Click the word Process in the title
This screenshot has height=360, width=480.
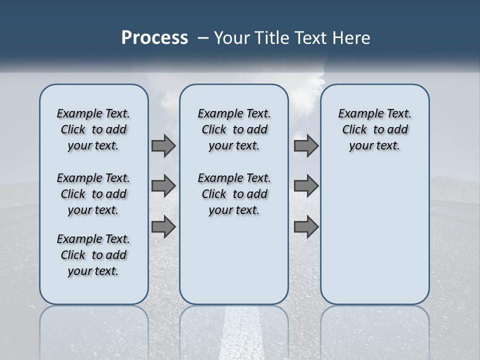click(154, 37)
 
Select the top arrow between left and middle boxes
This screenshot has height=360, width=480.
click(163, 146)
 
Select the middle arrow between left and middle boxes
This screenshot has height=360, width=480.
click(163, 186)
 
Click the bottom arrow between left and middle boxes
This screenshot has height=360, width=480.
click(163, 226)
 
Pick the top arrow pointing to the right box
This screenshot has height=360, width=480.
click(306, 146)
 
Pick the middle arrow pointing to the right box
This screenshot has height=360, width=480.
click(306, 186)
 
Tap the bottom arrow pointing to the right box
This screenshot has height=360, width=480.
click(306, 226)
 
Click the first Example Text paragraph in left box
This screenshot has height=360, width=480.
click(93, 129)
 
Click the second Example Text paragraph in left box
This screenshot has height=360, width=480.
click(93, 194)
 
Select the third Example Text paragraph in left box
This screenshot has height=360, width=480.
click(93, 255)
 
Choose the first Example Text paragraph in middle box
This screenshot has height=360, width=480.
click(234, 129)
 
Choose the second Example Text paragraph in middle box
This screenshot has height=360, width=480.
click(234, 194)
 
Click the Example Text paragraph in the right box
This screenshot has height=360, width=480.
click(374, 129)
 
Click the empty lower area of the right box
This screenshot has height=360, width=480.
click(374, 240)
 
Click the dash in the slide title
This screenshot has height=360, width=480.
click(203, 37)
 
